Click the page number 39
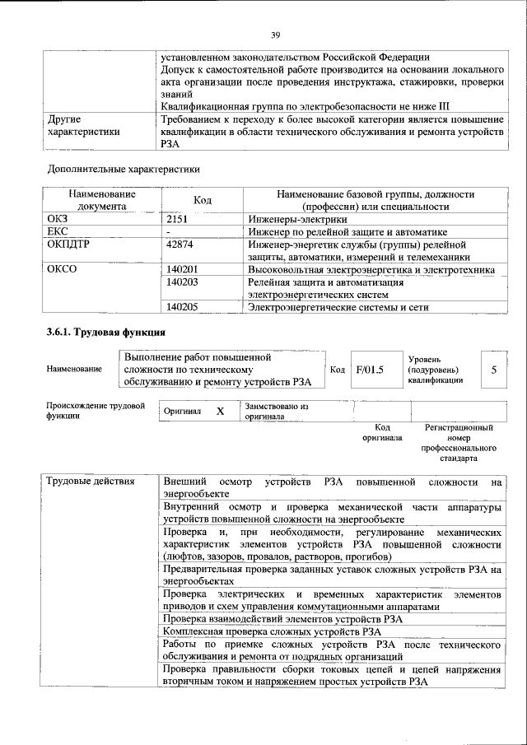(275, 35)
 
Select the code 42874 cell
(180, 244)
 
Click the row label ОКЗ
(58, 220)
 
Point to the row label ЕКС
(58, 232)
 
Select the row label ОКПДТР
(68, 244)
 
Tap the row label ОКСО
(62, 270)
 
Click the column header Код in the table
(203, 200)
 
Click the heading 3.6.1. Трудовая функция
(106, 333)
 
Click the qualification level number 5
(493, 370)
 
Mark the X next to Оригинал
(220, 411)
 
